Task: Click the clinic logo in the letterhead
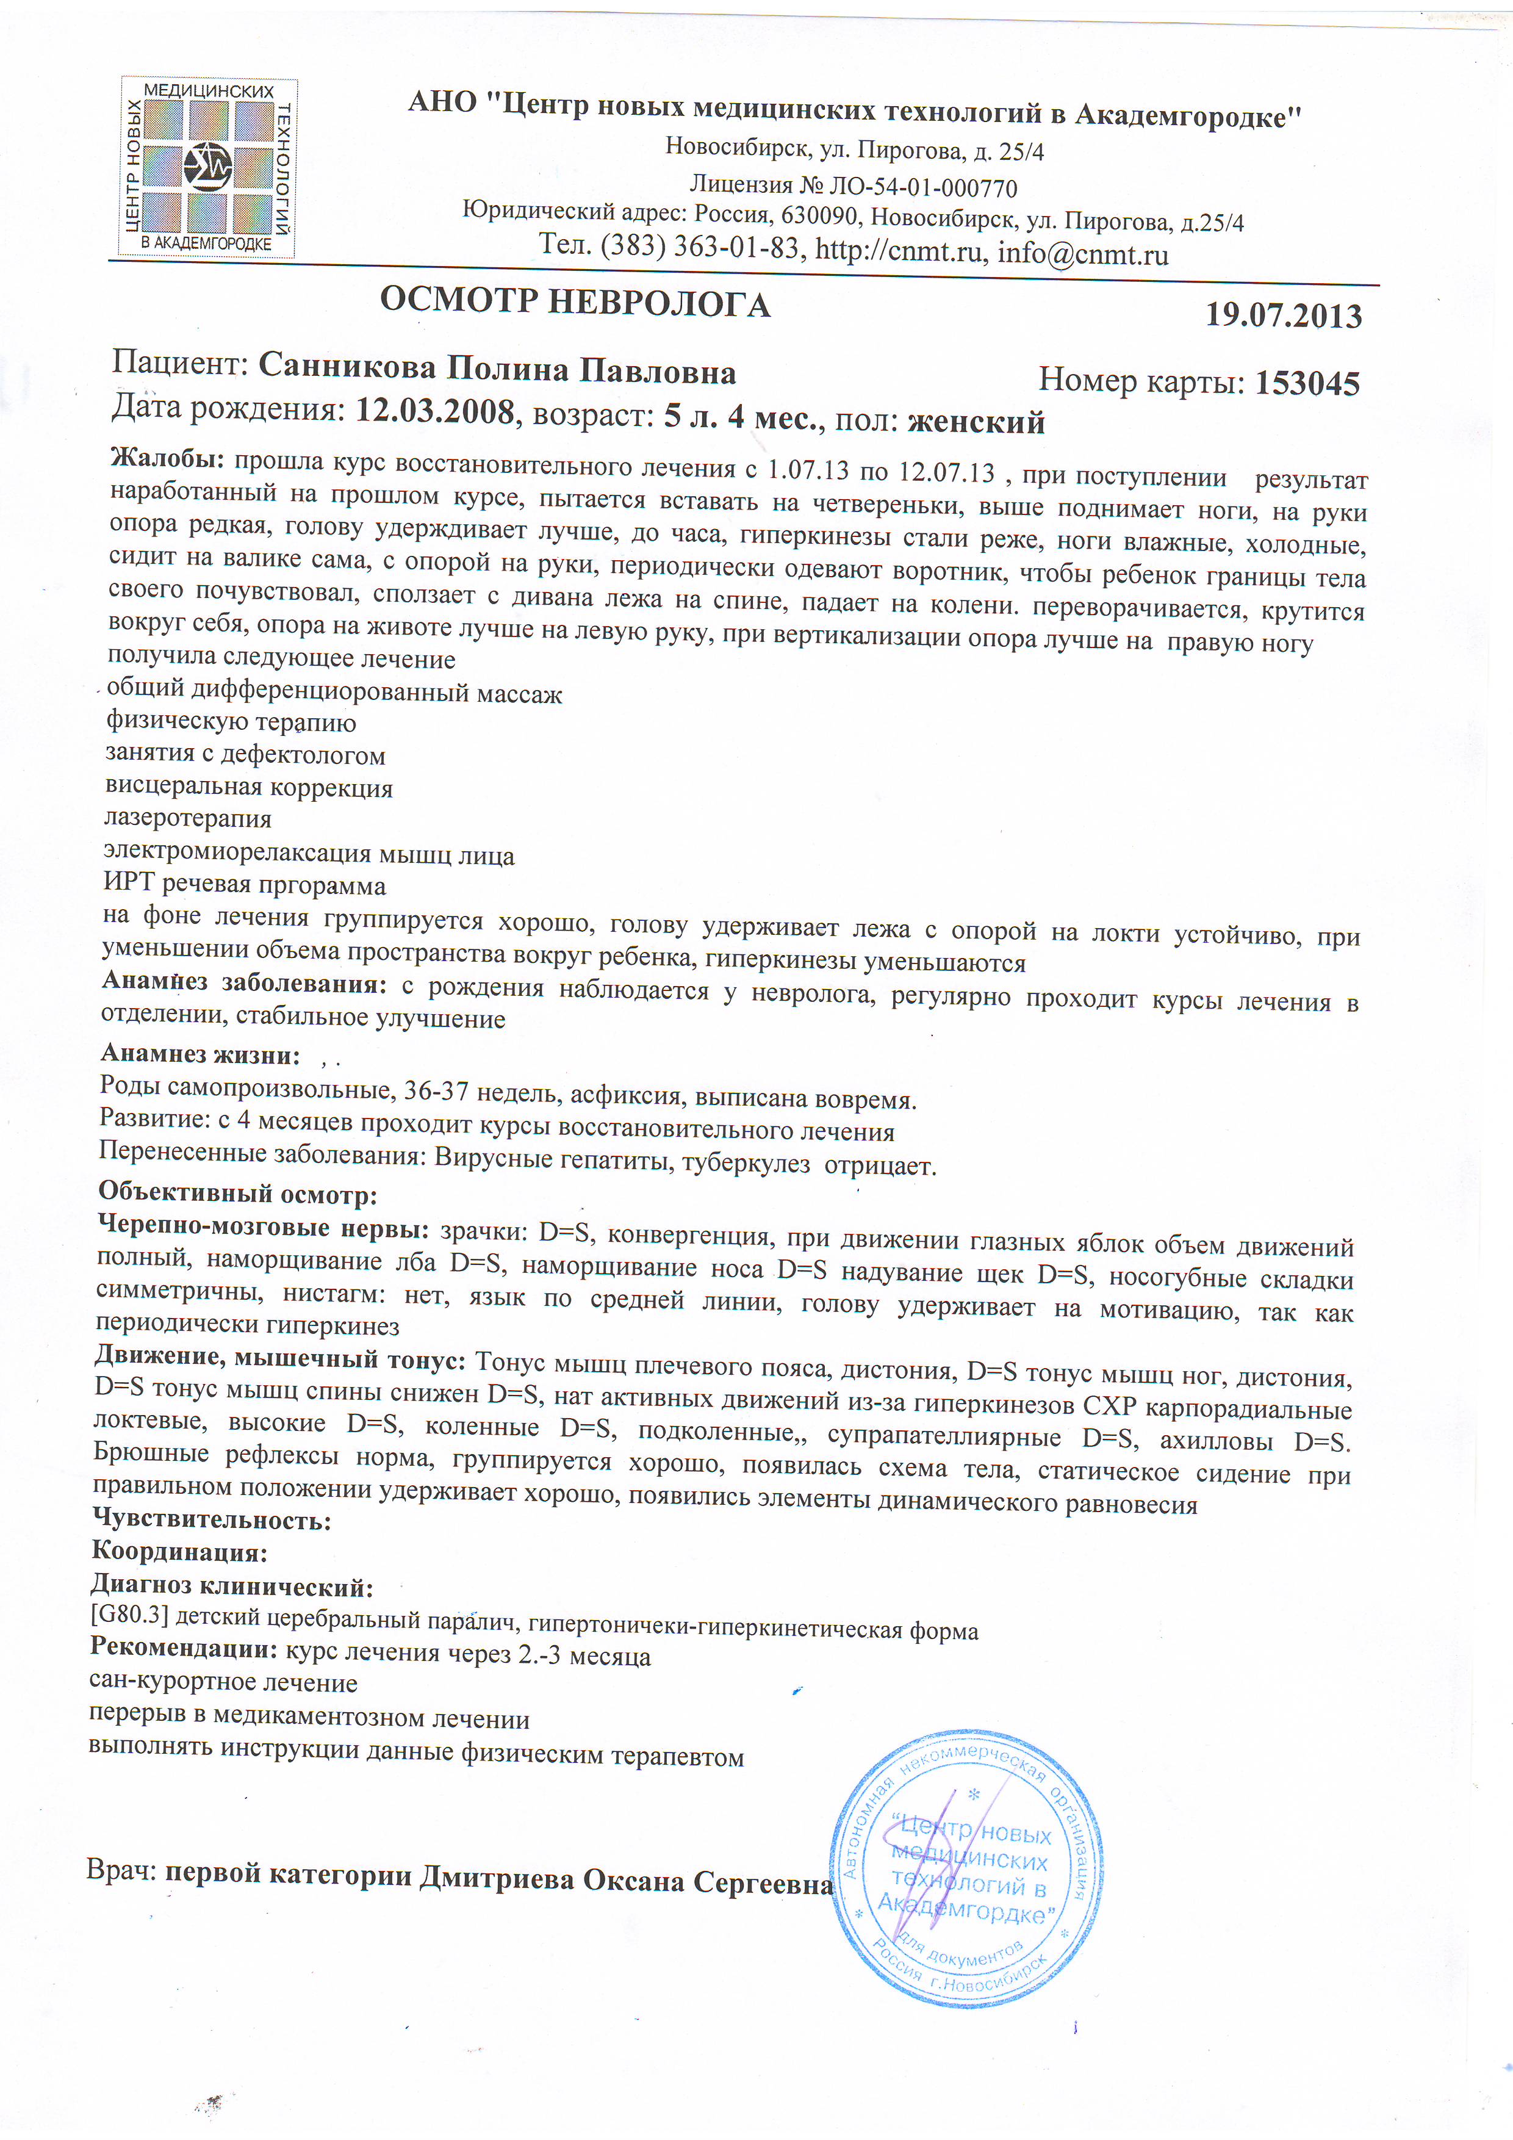(208, 168)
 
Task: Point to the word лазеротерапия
(188, 820)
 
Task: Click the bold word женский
(976, 422)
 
